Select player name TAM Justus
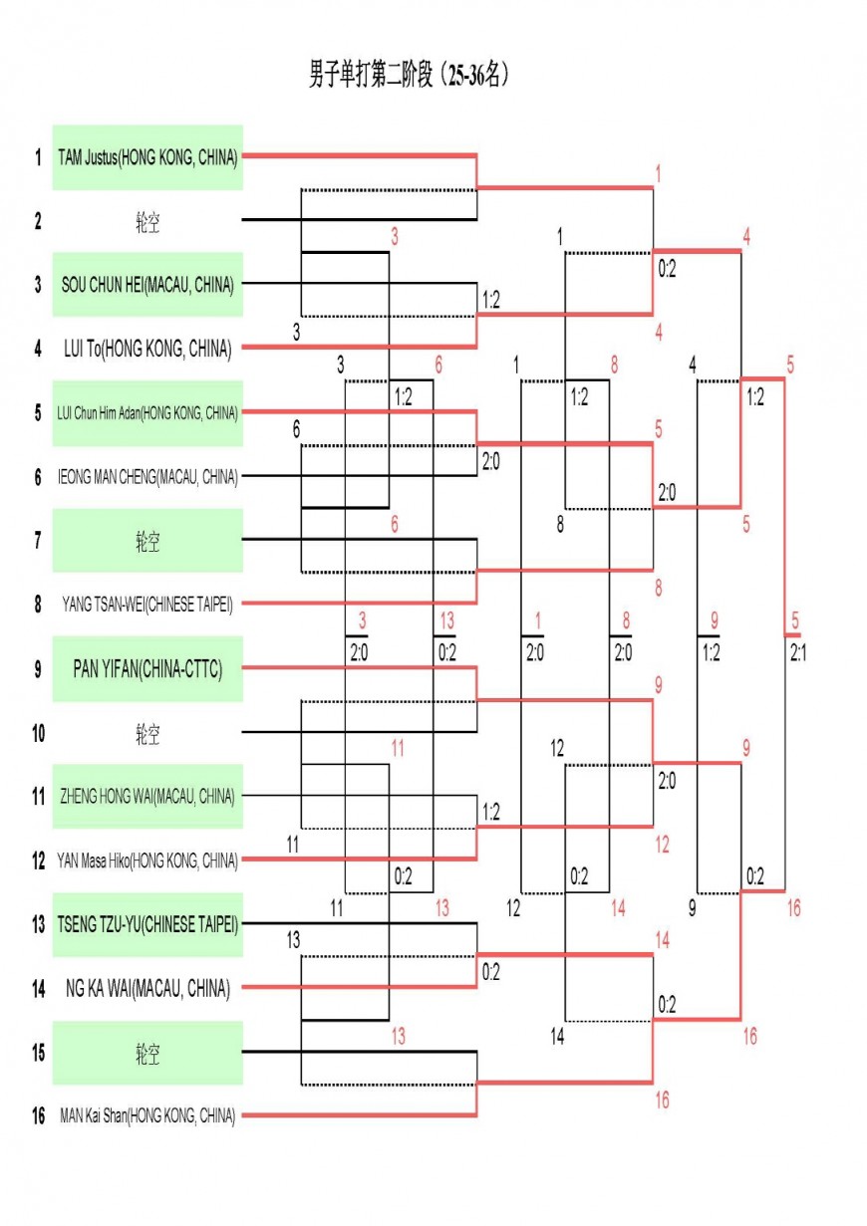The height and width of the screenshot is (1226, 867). [x=147, y=156]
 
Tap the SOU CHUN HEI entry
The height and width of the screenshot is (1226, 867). [x=147, y=285]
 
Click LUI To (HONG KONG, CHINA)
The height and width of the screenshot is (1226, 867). [x=147, y=349]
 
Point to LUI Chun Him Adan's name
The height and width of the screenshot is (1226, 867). [x=147, y=412]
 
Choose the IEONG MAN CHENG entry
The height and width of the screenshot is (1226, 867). [x=147, y=477]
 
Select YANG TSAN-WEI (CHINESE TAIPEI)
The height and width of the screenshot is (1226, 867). [x=147, y=604]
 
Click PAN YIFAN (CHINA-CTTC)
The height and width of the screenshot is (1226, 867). [x=147, y=669]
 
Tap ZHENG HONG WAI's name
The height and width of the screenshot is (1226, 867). [x=147, y=796]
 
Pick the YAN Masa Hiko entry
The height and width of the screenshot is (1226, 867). [x=147, y=860]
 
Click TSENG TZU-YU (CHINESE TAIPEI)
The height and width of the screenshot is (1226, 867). [x=147, y=924]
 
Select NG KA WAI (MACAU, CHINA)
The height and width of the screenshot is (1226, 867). [x=147, y=989]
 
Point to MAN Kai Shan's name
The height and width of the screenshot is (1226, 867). [x=147, y=1115]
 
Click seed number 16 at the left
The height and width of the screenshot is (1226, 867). [x=38, y=1115]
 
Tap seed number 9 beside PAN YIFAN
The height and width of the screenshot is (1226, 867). [x=38, y=669]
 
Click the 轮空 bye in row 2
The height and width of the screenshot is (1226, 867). [x=147, y=221]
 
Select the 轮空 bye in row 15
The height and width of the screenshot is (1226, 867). [x=147, y=1053]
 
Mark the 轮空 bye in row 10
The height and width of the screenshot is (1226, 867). [x=147, y=734]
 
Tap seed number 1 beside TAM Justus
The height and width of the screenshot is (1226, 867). [x=38, y=156]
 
